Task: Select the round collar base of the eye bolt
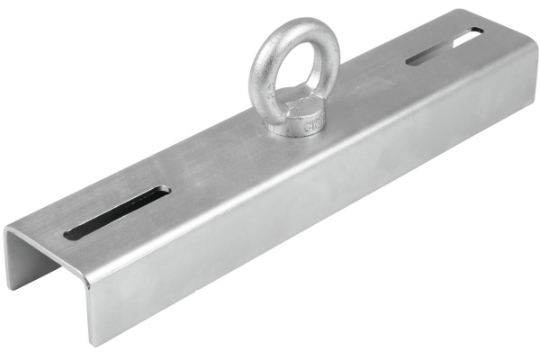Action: (297, 119)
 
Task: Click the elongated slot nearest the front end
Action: (117, 213)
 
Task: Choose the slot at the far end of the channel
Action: (444, 47)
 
